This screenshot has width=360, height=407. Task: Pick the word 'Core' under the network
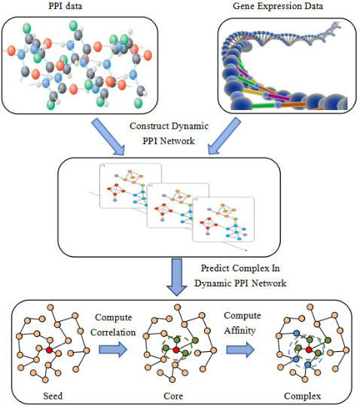178,394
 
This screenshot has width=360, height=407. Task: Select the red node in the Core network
175,350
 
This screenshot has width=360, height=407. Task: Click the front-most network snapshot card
221,219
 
